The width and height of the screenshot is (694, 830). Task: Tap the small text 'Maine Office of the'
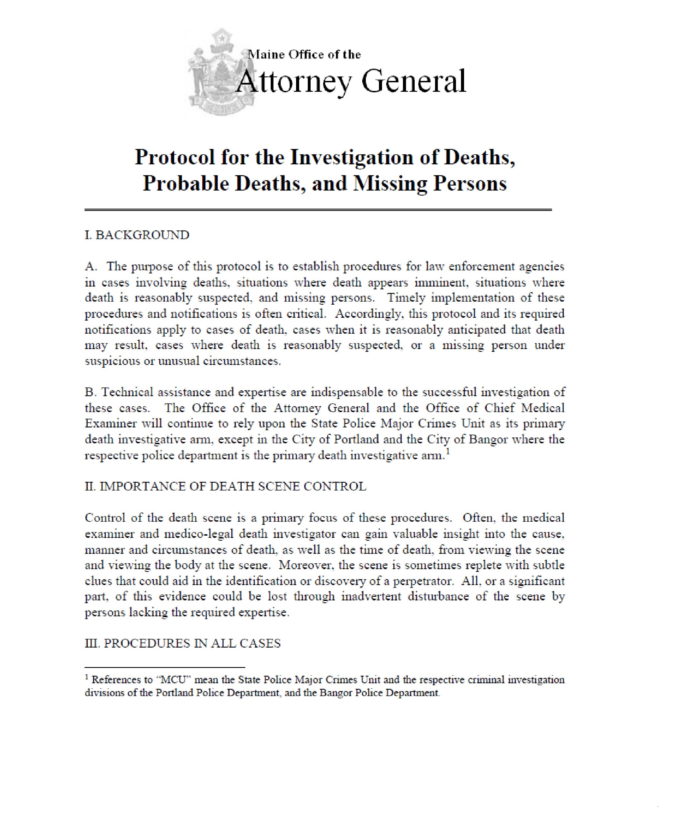click(304, 55)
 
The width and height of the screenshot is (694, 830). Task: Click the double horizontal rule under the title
click(318, 210)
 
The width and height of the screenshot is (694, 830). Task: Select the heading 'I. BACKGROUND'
click(137, 235)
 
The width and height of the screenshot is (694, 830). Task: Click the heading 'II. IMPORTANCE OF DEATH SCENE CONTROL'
click(225, 487)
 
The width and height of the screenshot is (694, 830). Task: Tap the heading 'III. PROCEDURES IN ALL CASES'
click(182, 643)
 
